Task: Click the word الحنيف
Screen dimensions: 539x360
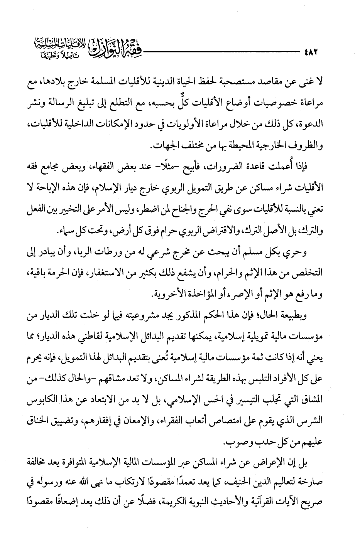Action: click(x=232, y=482)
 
